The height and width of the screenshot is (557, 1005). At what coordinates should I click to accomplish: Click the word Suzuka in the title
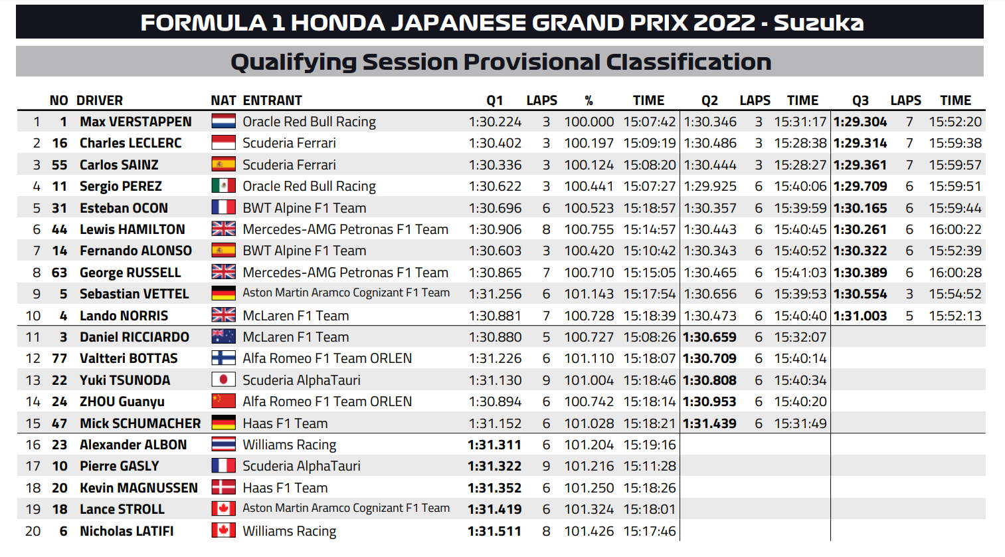818,23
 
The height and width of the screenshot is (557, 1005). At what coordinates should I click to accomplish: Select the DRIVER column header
100,100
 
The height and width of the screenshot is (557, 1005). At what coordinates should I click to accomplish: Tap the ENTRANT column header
272,100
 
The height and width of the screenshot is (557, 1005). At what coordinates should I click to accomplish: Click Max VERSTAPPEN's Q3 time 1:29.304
860,122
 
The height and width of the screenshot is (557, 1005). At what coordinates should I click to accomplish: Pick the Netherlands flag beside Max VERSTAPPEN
223,121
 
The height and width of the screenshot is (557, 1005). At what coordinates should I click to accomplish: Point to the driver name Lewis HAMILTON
132,229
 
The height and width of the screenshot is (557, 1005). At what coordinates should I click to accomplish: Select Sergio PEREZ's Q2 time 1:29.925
710,186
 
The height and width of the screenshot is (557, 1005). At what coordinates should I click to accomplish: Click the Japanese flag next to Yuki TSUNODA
223,380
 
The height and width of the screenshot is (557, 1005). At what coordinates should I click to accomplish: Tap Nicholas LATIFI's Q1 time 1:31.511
495,531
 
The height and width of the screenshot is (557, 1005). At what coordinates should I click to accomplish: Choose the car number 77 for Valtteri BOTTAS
60,358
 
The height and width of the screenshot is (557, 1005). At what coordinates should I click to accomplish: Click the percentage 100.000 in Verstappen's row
589,122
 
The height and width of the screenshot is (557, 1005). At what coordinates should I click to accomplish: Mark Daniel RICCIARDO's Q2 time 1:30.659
710,337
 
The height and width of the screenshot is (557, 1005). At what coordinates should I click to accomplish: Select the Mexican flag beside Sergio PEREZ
223,185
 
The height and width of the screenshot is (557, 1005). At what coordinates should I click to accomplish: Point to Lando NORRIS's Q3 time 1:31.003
860,316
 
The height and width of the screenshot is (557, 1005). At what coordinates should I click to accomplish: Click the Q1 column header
495,100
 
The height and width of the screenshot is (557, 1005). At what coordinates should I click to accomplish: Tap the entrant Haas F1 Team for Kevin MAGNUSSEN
285,488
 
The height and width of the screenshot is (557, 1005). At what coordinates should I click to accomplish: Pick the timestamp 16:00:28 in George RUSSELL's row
955,273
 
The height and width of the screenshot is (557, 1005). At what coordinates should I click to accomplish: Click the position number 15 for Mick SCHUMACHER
33,423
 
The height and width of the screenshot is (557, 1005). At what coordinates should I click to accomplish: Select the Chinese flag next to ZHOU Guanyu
223,401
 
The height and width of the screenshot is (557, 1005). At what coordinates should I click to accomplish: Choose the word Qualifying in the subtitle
294,62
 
